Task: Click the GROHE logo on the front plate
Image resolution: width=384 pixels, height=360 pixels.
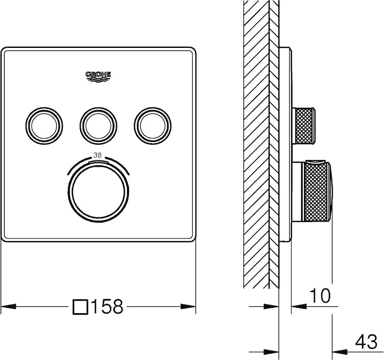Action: (99, 76)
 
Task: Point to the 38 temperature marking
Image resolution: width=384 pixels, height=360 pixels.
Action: (97, 155)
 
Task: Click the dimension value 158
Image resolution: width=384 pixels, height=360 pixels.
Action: (107, 307)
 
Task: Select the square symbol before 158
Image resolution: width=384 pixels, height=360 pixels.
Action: (81, 307)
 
